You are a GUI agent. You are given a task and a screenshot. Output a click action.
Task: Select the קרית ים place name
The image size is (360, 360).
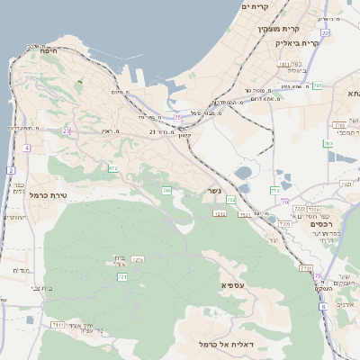click(256, 7)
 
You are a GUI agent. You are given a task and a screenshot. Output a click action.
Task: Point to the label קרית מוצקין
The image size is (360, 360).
click(278, 28)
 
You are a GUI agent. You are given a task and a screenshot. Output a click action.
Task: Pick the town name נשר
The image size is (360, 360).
click(212, 191)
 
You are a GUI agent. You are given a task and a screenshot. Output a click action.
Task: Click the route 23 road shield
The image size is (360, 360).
click(66, 130)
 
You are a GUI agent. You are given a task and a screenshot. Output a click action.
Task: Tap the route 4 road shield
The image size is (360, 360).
click(27, 148)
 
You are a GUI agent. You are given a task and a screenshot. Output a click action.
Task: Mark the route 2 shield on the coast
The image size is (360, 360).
click(10, 170)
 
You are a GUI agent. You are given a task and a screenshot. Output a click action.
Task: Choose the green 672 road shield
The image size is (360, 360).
click(113, 168)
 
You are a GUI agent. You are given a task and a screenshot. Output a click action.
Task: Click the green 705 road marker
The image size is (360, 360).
click(166, 190)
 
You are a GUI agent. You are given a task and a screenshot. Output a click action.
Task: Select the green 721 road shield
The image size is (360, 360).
click(121, 277)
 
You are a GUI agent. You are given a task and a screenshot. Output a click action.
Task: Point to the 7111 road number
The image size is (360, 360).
click(58, 324)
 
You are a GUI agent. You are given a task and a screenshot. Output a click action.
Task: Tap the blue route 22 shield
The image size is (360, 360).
click(325, 32)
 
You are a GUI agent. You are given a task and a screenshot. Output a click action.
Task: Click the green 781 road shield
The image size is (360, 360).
click(317, 85)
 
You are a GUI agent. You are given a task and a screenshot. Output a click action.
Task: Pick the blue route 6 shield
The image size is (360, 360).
click(323, 306)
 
